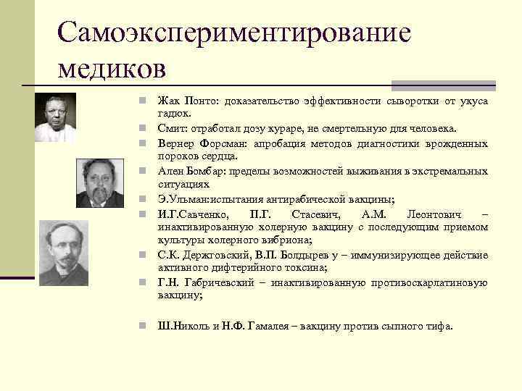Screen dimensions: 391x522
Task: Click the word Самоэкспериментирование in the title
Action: pos(234,33)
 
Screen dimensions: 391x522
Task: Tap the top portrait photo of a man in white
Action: pos(55,117)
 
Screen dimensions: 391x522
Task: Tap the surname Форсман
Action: pos(221,143)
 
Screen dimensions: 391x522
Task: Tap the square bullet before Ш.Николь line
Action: pos(145,326)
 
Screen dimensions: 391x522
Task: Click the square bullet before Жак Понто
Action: pos(145,101)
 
